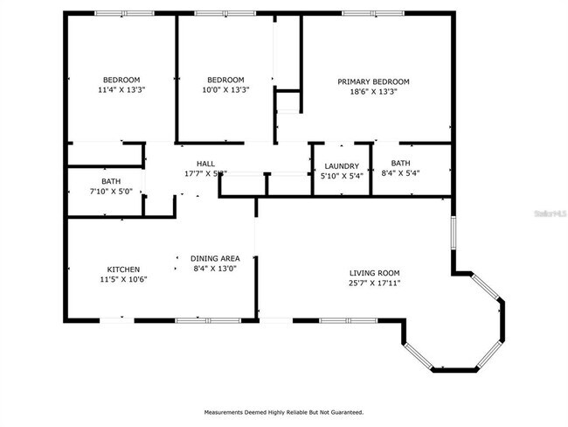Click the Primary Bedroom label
[x=373, y=81]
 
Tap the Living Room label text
[x=374, y=273]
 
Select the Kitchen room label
[x=123, y=269]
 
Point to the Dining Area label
[x=216, y=258]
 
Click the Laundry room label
[x=342, y=166]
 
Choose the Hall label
[x=205, y=164]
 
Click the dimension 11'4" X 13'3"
[x=121, y=89]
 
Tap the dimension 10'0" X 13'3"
[x=226, y=89]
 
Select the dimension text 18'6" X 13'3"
[x=373, y=91]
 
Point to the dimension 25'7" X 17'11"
[x=374, y=283]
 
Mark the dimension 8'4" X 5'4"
[x=400, y=173]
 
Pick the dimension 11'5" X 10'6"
[x=123, y=279]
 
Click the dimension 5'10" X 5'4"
[x=342, y=176]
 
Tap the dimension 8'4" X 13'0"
[x=216, y=269]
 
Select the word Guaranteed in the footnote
[x=343, y=412]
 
